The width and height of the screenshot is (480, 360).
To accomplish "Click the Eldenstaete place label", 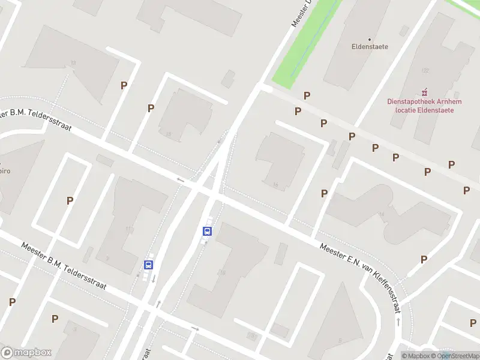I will click(x=370, y=46).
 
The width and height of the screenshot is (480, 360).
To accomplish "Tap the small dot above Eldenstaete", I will click(x=370, y=39).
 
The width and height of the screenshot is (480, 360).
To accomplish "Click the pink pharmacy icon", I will click(x=424, y=92).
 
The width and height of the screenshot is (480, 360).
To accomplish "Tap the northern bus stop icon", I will click(x=207, y=231).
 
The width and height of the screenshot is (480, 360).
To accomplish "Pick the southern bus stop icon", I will click(x=148, y=264).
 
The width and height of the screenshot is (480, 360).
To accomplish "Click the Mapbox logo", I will click(x=26, y=352).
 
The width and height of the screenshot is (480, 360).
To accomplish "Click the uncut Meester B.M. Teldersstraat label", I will click(x=64, y=266).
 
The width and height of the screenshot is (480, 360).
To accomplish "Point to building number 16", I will click(x=275, y=185).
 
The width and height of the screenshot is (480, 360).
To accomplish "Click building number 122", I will click(x=425, y=71).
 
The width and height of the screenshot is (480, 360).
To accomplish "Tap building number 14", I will click(x=382, y=214).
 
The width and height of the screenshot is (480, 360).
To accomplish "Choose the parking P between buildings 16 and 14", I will click(x=324, y=193).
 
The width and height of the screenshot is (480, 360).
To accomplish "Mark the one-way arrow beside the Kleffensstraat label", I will click(x=399, y=322).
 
